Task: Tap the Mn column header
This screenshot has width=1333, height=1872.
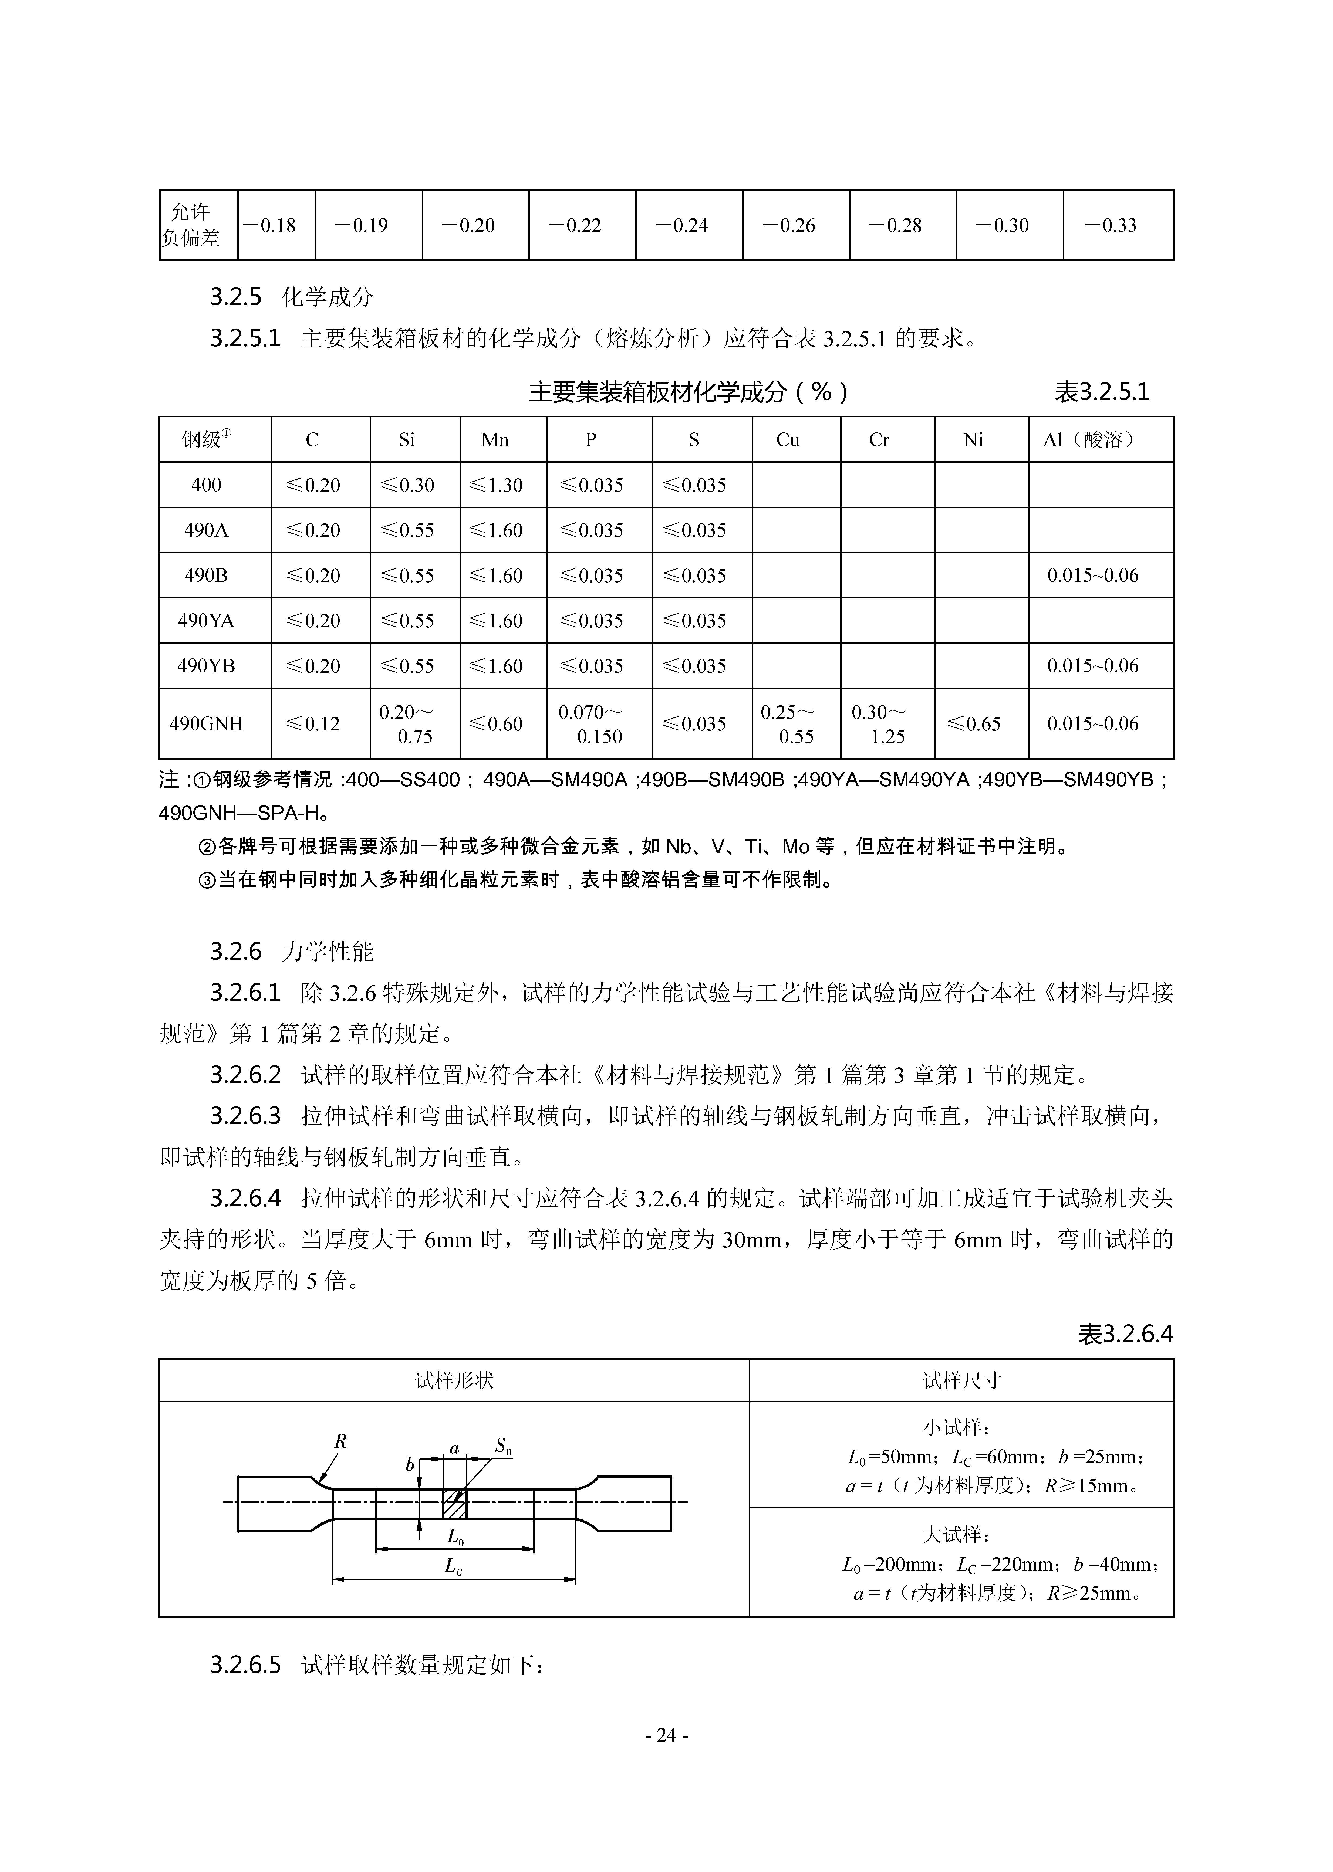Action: click(x=495, y=440)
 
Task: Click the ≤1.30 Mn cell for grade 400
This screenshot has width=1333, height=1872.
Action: click(x=495, y=485)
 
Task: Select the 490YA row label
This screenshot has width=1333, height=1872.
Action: click(x=206, y=620)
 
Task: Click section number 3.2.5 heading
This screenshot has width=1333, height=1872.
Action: click(x=235, y=297)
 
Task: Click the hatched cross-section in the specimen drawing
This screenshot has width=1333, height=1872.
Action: click(x=454, y=1503)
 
